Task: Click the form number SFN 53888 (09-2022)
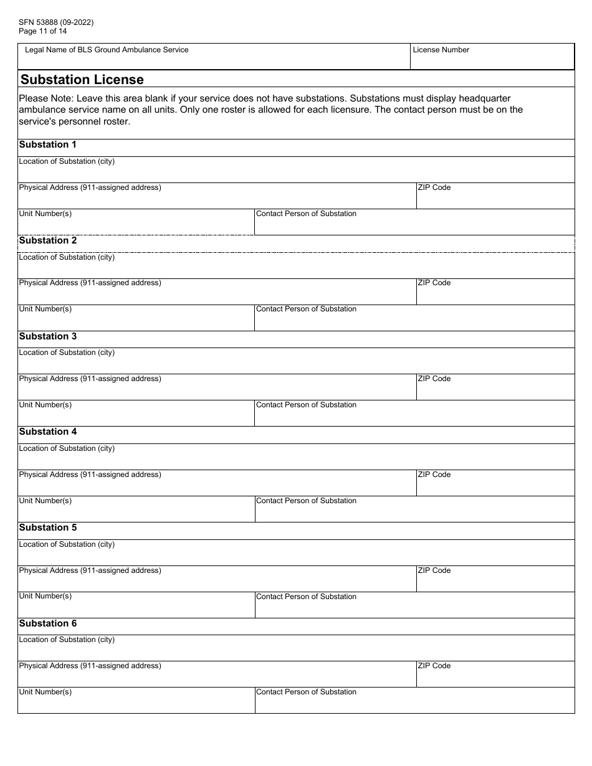(56, 22)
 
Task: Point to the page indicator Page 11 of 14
(43, 31)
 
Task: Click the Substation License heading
(82, 79)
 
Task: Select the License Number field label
(441, 50)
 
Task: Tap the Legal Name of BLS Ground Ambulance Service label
(107, 50)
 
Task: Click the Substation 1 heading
(48, 144)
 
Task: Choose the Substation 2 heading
(48, 240)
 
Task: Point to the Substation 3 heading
(48, 336)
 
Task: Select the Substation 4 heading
(48, 432)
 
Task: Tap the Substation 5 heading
(48, 527)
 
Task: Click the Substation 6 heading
(48, 623)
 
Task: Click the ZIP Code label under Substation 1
(434, 187)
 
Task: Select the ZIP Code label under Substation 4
(434, 475)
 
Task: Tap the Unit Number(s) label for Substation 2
(45, 309)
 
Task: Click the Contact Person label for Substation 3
(306, 405)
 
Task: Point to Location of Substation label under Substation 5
(67, 544)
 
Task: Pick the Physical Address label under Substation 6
(90, 666)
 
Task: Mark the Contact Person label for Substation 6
(306, 692)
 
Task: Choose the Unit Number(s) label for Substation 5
(45, 596)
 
